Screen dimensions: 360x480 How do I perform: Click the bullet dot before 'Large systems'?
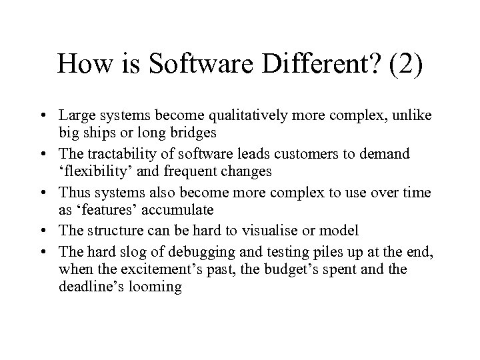pyautogui.click(x=48, y=116)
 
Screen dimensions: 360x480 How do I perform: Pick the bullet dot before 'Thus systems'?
pyautogui.click(x=48, y=193)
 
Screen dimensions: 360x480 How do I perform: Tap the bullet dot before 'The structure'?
pyautogui.click(x=48, y=232)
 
